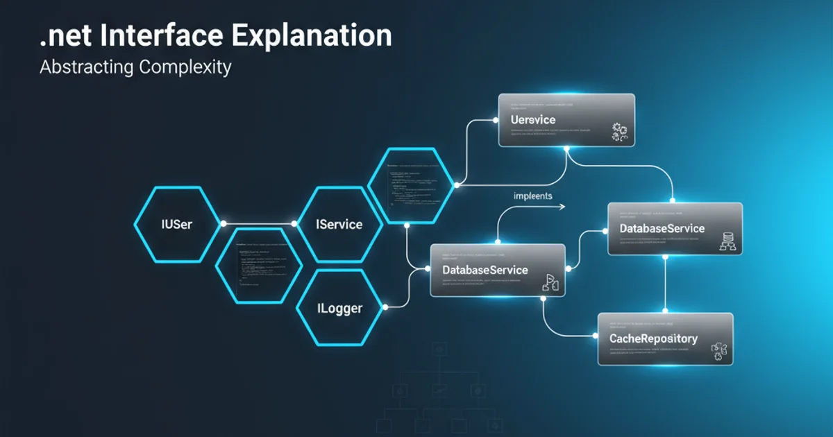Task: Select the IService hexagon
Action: pos(339,224)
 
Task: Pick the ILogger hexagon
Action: pos(339,307)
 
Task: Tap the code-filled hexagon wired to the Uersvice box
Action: pos(412,186)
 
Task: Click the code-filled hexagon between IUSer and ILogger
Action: pos(258,266)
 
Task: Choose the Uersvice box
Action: pos(566,119)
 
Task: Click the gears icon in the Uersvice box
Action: pos(619,132)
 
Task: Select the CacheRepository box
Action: pos(665,339)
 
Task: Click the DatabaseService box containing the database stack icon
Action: pos(675,228)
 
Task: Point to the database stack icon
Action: pos(728,242)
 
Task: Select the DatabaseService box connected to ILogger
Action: pos(497,270)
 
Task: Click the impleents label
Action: pos(533,196)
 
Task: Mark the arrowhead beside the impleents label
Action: pos(564,206)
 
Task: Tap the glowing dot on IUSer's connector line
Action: pos(224,224)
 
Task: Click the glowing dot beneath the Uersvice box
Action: pos(567,148)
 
